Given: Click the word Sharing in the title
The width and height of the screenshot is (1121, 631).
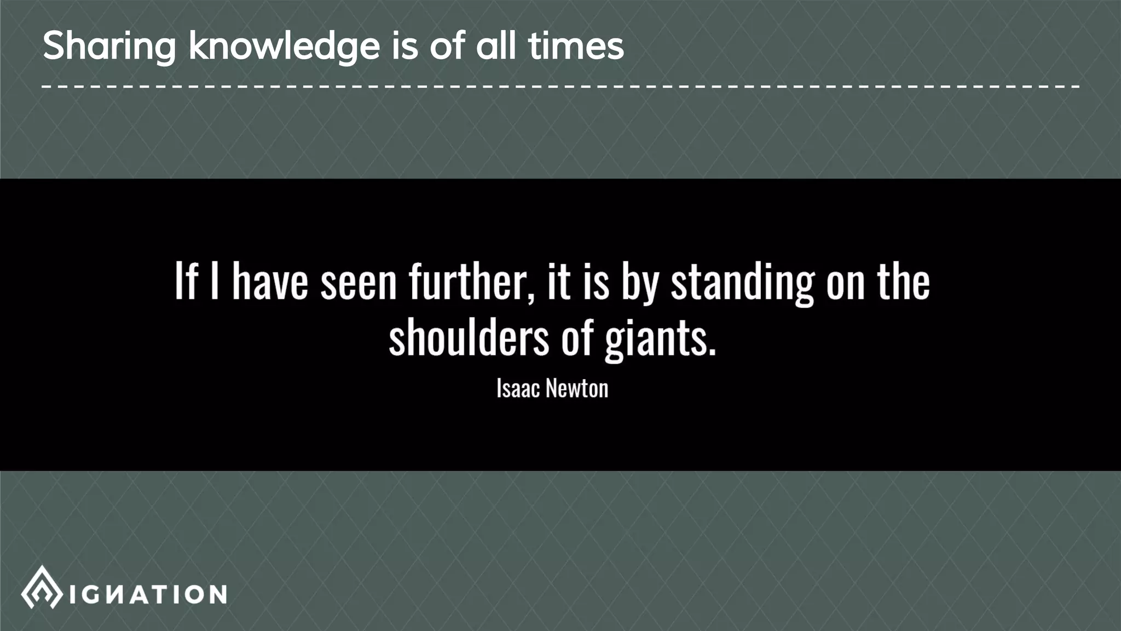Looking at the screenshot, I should coord(109,46).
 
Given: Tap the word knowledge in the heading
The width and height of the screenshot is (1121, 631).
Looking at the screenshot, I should coord(284,46).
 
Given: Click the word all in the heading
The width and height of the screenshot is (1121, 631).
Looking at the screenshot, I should coord(495,46).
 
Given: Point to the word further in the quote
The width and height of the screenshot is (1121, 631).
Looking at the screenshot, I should coord(469,282).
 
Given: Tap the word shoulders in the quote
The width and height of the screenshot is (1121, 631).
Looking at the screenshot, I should coord(469,337).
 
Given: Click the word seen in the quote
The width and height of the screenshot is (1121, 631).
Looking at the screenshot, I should coord(358,283).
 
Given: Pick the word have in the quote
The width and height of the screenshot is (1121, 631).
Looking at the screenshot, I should coord(270,282).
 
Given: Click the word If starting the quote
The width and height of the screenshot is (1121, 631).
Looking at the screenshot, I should coord(185,282).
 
